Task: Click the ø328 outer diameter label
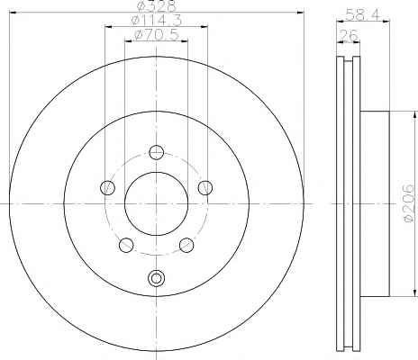(x=156, y=6)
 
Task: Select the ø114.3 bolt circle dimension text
(x=157, y=21)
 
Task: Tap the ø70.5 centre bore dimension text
(x=157, y=35)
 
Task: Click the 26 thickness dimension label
(x=348, y=35)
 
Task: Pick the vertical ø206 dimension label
(x=409, y=204)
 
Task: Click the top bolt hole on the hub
(x=156, y=152)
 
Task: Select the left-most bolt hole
(x=107, y=188)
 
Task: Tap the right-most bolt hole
(x=205, y=188)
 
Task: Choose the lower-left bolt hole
(x=126, y=245)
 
